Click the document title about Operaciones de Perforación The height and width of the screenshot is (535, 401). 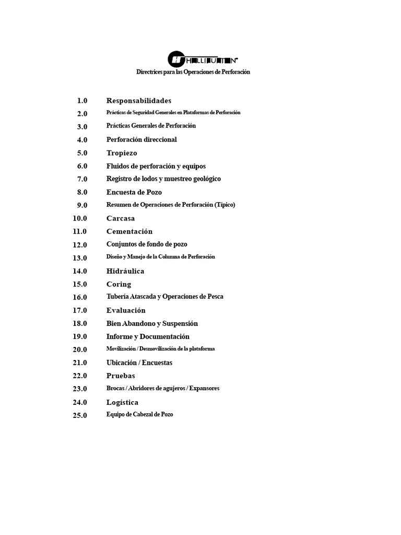pos(193,72)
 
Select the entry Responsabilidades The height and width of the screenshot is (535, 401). pos(138,100)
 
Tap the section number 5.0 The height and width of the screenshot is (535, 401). pos(82,153)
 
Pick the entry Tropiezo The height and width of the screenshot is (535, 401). pos(122,153)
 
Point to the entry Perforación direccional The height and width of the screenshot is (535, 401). pos(141,139)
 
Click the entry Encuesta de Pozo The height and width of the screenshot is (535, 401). pos(134,192)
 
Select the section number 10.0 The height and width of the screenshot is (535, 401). pos(80,218)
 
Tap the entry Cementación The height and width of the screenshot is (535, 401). pos(129,231)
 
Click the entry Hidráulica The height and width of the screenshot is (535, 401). pos(125,271)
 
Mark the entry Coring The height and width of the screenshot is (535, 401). pos(119,284)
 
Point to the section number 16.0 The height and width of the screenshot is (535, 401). pos(80,297)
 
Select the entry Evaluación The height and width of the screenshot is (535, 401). pos(126,310)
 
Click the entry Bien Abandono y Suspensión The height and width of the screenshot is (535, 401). pos(152,323)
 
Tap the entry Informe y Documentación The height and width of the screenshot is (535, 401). pos(148,336)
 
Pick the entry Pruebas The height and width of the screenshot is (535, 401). pos(121,376)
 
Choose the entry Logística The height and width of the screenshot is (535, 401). pos(122,402)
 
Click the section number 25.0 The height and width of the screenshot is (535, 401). pos(80,416)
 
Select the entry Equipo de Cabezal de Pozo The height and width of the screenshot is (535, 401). pos(139,414)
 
